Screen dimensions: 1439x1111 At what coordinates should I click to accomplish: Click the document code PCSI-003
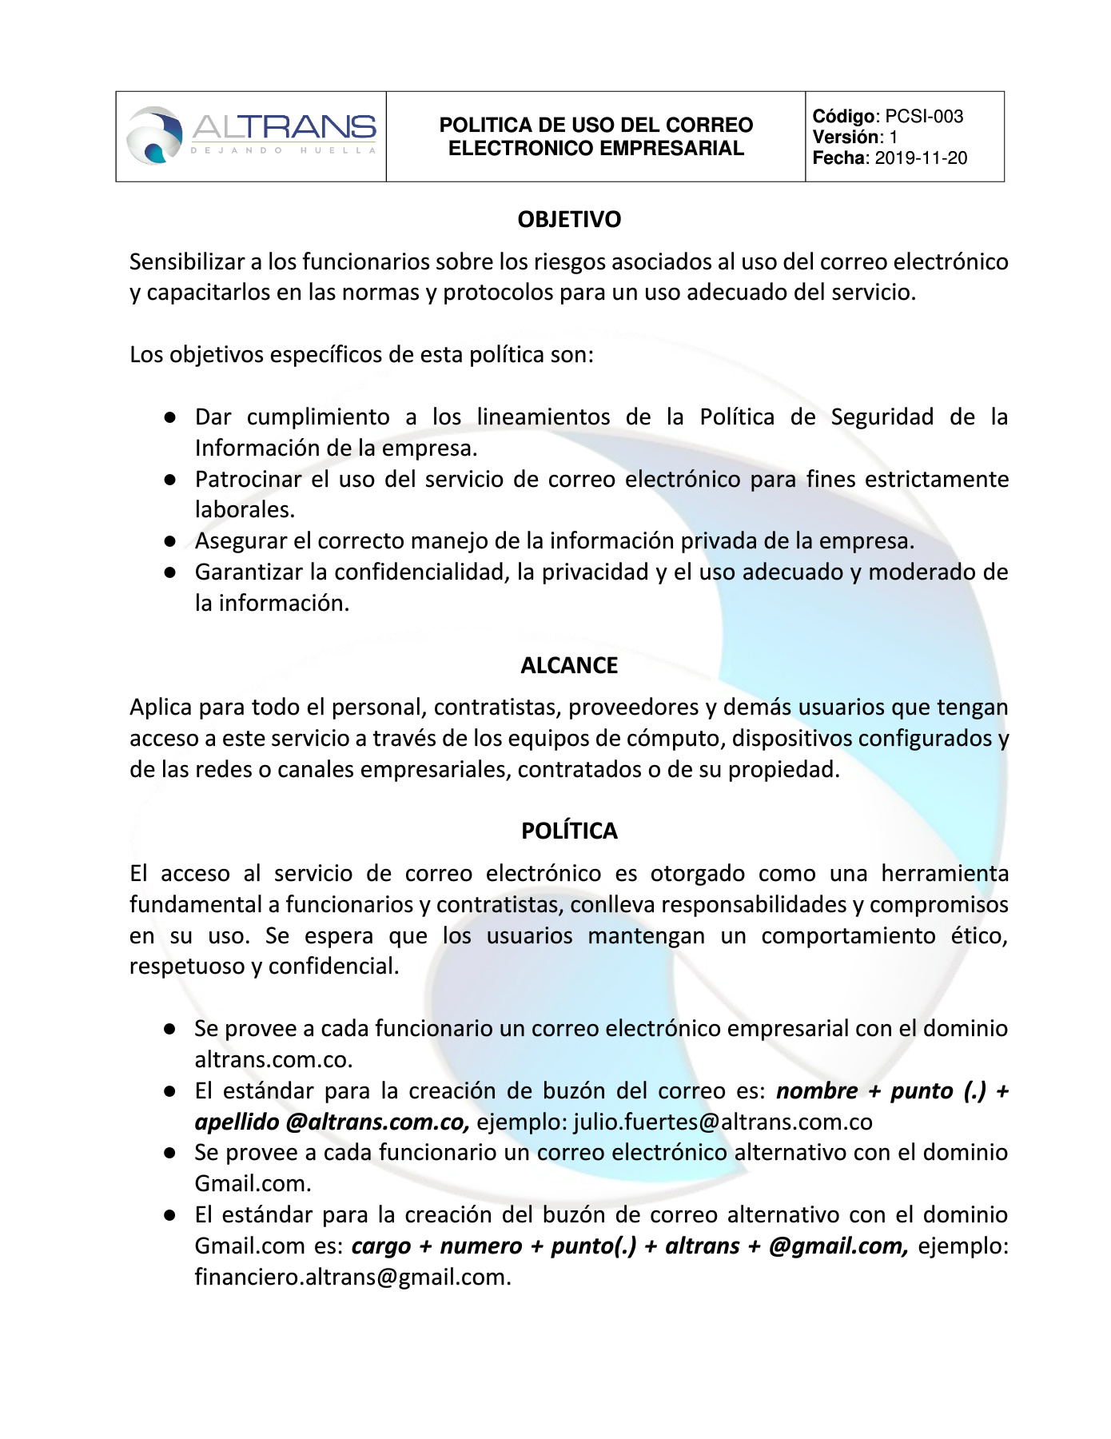point(924,117)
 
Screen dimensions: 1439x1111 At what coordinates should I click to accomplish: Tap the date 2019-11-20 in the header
point(921,158)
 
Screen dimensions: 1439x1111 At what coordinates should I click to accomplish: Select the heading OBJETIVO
point(569,220)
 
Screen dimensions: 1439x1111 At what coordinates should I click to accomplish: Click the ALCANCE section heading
point(569,666)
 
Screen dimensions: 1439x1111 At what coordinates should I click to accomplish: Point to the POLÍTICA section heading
point(569,831)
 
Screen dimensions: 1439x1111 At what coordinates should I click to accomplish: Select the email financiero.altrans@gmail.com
point(352,1278)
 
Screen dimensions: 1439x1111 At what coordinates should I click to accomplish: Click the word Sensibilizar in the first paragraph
point(187,262)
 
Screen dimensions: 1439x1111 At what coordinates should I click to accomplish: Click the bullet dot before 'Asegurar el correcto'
point(169,541)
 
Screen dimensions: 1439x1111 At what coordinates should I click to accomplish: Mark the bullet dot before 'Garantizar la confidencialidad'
point(169,572)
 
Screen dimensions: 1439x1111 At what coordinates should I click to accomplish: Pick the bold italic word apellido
point(237,1122)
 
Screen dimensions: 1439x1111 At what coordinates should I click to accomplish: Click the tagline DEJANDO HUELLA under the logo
point(283,150)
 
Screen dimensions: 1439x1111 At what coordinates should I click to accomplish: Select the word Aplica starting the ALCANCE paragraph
point(161,708)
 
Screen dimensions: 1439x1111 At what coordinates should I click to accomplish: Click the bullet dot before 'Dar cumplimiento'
point(169,417)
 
